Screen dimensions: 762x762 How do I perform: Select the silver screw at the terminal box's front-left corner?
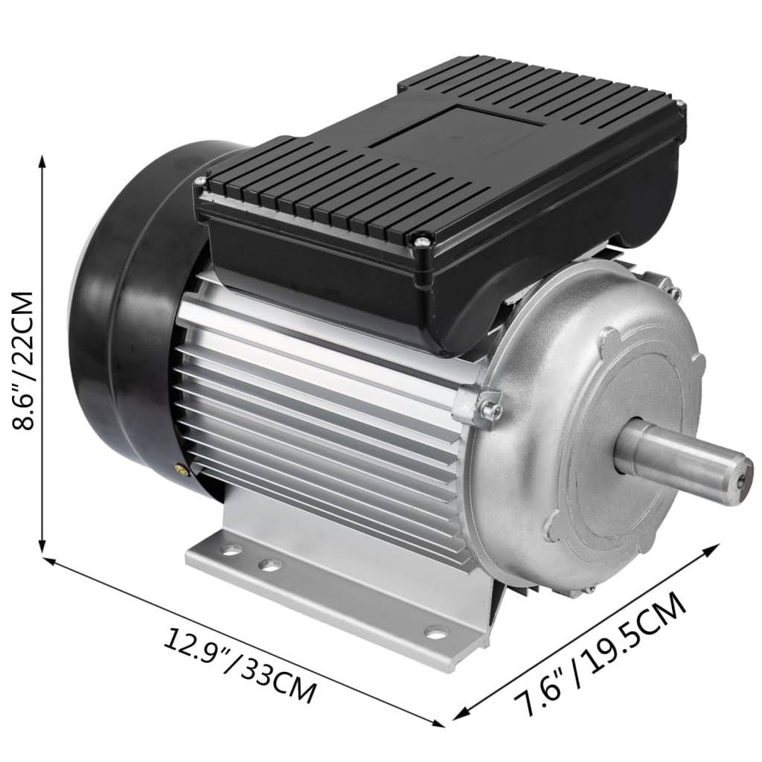coord(200,181)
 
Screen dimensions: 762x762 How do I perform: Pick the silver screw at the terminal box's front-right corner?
coord(422,240)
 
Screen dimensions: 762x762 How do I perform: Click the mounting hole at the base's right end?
coord(434,634)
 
